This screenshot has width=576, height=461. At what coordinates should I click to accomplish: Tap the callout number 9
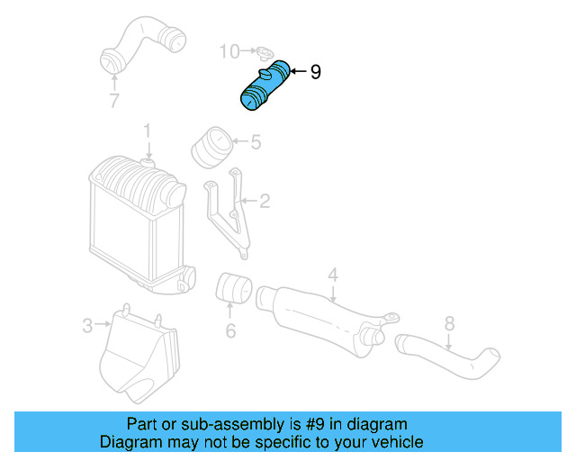315,72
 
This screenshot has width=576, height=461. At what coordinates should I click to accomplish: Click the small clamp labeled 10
264,53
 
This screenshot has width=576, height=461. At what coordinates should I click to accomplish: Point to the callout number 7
114,101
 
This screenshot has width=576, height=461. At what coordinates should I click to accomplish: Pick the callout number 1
146,133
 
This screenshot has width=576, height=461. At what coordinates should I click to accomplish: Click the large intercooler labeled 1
130,221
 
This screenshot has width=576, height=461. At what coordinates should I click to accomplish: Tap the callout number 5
256,141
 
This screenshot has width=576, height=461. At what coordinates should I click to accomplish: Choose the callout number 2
265,202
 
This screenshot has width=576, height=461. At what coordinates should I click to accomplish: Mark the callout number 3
87,325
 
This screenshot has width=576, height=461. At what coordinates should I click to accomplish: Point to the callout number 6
230,331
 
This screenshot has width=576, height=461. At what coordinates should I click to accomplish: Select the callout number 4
332,273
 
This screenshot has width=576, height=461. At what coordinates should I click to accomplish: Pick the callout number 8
450,322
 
